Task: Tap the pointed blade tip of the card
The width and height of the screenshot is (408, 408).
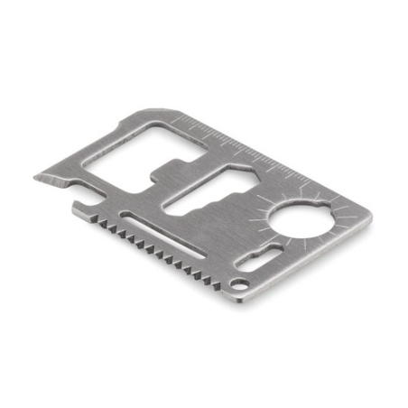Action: click(37, 177)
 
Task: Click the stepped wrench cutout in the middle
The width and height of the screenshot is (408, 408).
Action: click(203, 193)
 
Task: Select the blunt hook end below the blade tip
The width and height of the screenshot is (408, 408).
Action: click(78, 209)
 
